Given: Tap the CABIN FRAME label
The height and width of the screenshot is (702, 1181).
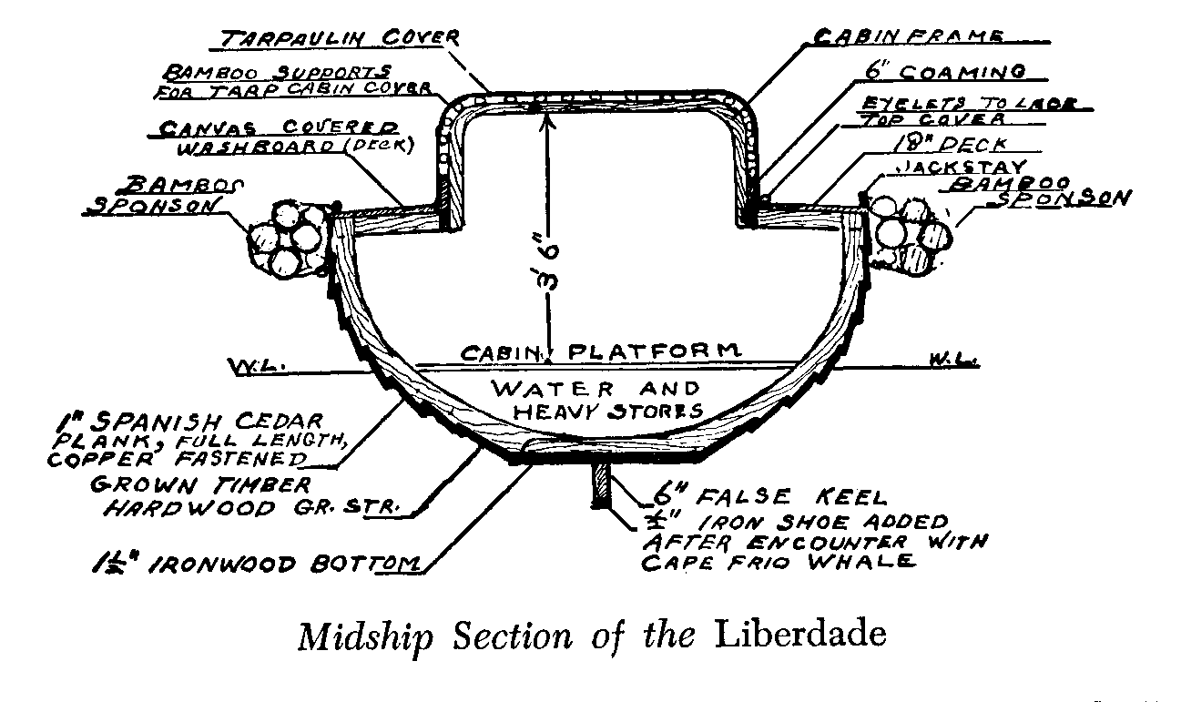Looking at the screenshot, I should (907, 36).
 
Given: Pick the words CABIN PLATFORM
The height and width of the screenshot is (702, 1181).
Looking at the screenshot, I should (597, 351).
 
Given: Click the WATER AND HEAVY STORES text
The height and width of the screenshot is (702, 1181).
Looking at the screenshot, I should (597, 399).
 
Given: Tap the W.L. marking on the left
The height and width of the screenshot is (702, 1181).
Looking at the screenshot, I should (258, 367).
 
